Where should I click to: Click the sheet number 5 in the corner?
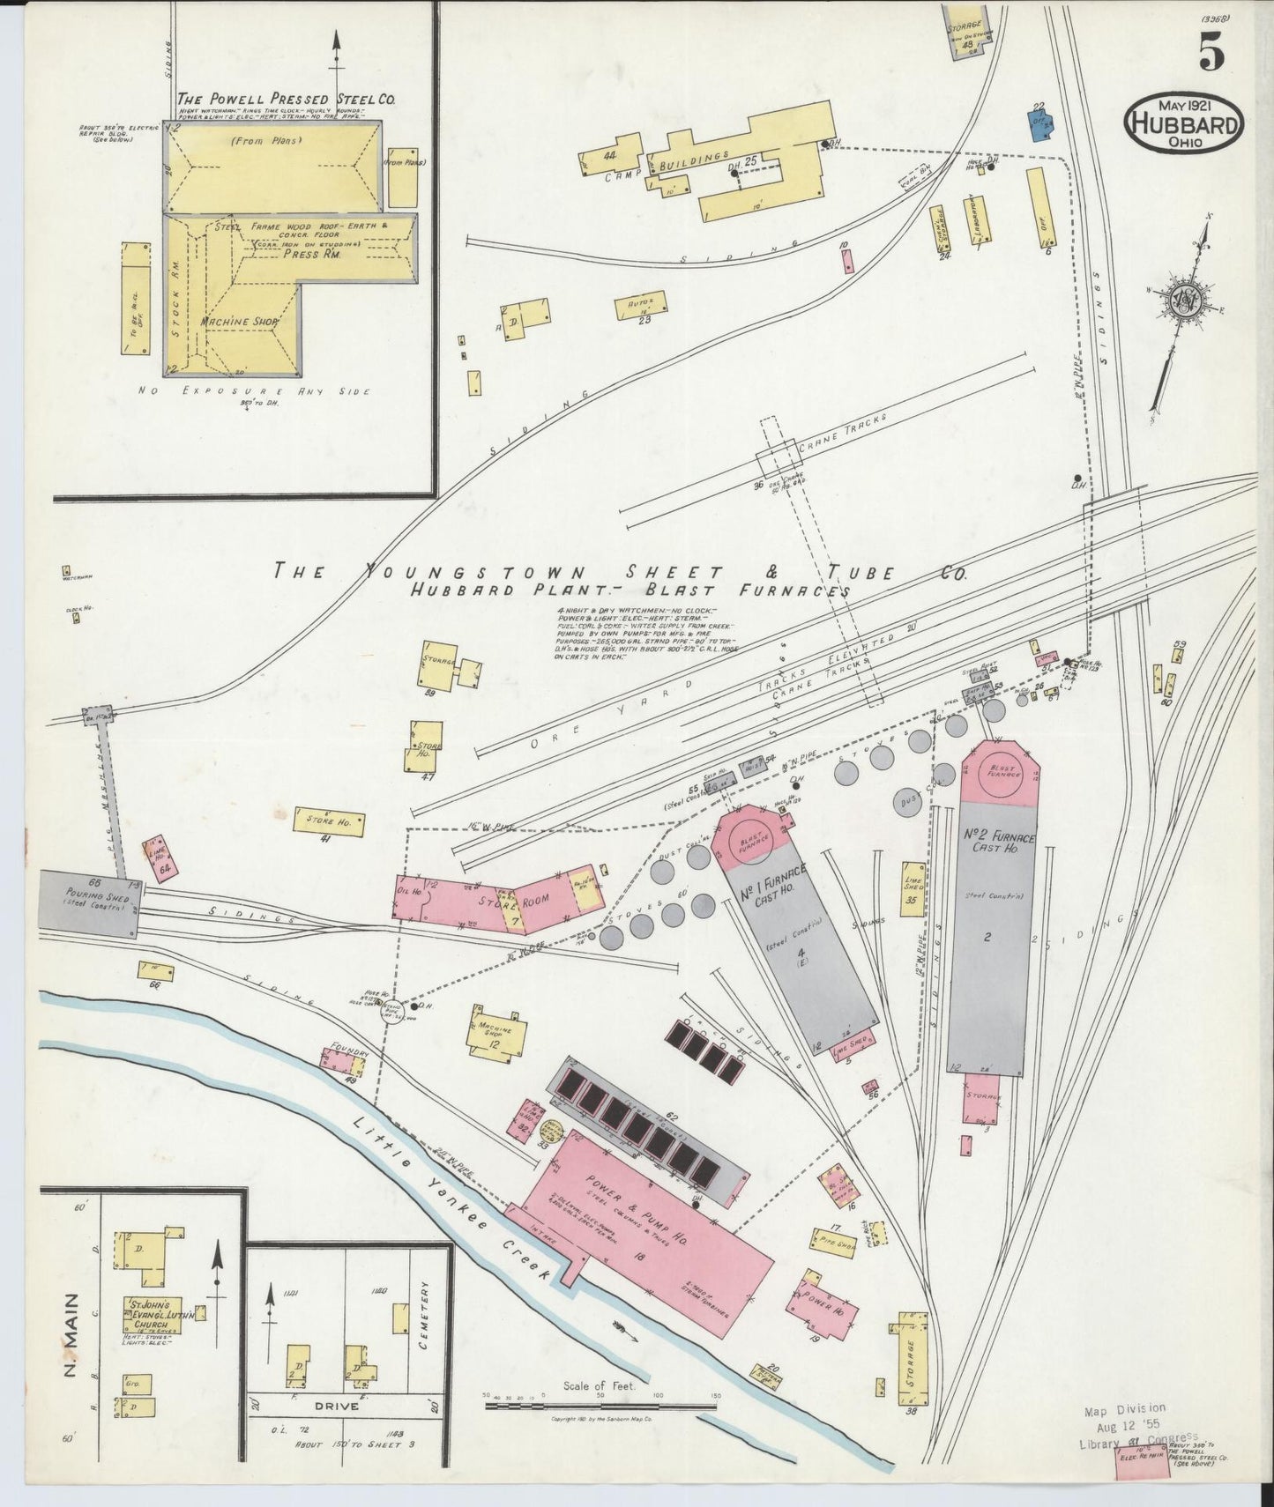[x=1211, y=54]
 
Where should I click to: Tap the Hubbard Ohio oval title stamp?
[x=1183, y=122]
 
